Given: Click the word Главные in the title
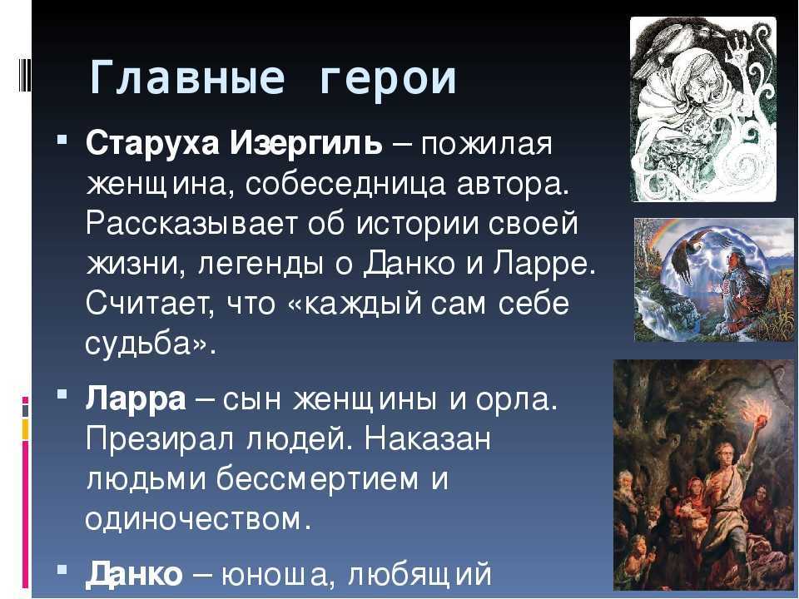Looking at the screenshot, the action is pyautogui.click(x=186, y=78).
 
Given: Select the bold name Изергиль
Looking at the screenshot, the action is pyautogui.click(x=305, y=144).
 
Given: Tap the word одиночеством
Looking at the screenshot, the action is pyautogui.click(x=198, y=519).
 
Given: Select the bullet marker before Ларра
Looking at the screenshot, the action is pyautogui.click(x=62, y=394).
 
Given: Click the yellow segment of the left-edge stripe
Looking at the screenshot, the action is pyautogui.click(x=25, y=429).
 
